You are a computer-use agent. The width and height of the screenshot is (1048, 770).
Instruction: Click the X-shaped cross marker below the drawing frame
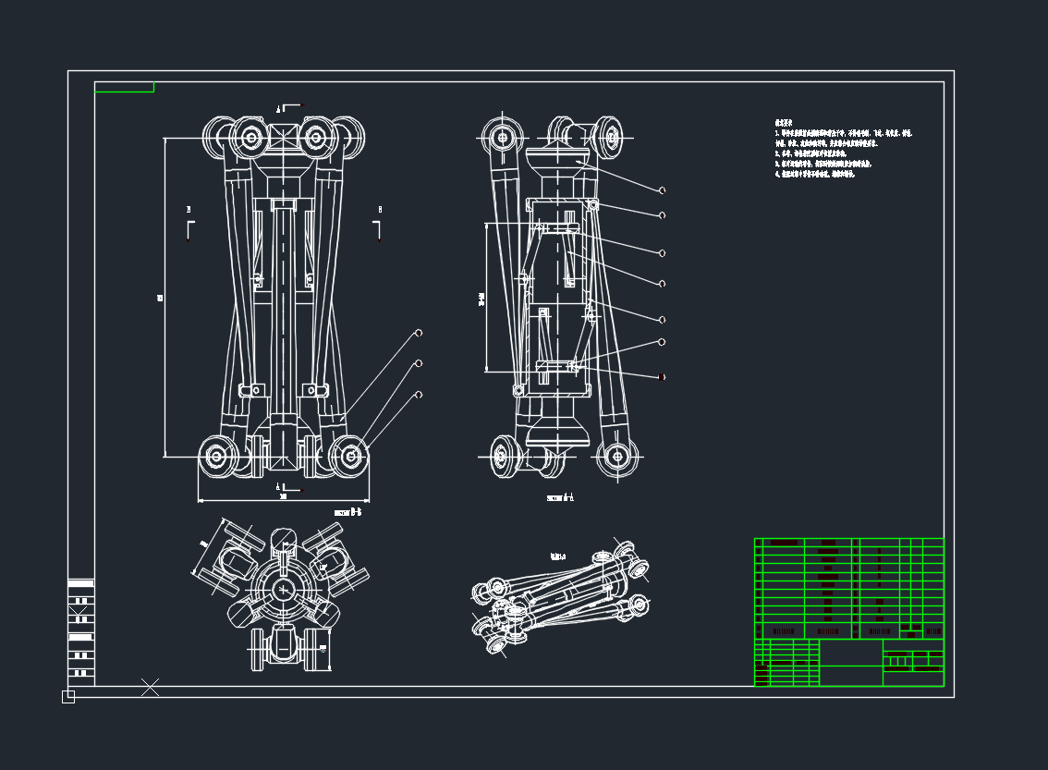pyautogui.click(x=150, y=687)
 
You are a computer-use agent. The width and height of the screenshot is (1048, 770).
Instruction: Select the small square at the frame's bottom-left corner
pyautogui.click(x=68, y=696)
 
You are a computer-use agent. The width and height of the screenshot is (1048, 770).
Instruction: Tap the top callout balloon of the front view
pyautogui.click(x=419, y=333)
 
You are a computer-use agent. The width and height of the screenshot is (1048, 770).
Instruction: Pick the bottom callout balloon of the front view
pyautogui.click(x=419, y=395)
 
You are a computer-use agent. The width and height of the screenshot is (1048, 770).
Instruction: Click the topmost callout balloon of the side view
pyautogui.click(x=662, y=190)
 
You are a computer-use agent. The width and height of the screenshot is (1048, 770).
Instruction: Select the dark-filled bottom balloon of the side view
pyautogui.click(x=662, y=377)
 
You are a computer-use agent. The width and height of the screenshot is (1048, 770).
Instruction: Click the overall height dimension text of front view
pyautogui.click(x=160, y=298)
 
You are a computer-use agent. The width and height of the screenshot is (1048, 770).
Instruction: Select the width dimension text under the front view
pyautogui.click(x=283, y=497)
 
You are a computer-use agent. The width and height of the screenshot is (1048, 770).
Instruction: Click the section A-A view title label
pyautogui.click(x=560, y=497)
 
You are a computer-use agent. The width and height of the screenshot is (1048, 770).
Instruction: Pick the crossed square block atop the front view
pyautogui.click(x=283, y=139)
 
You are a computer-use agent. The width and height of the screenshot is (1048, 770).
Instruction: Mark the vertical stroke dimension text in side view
pyautogui.click(x=481, y=299)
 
